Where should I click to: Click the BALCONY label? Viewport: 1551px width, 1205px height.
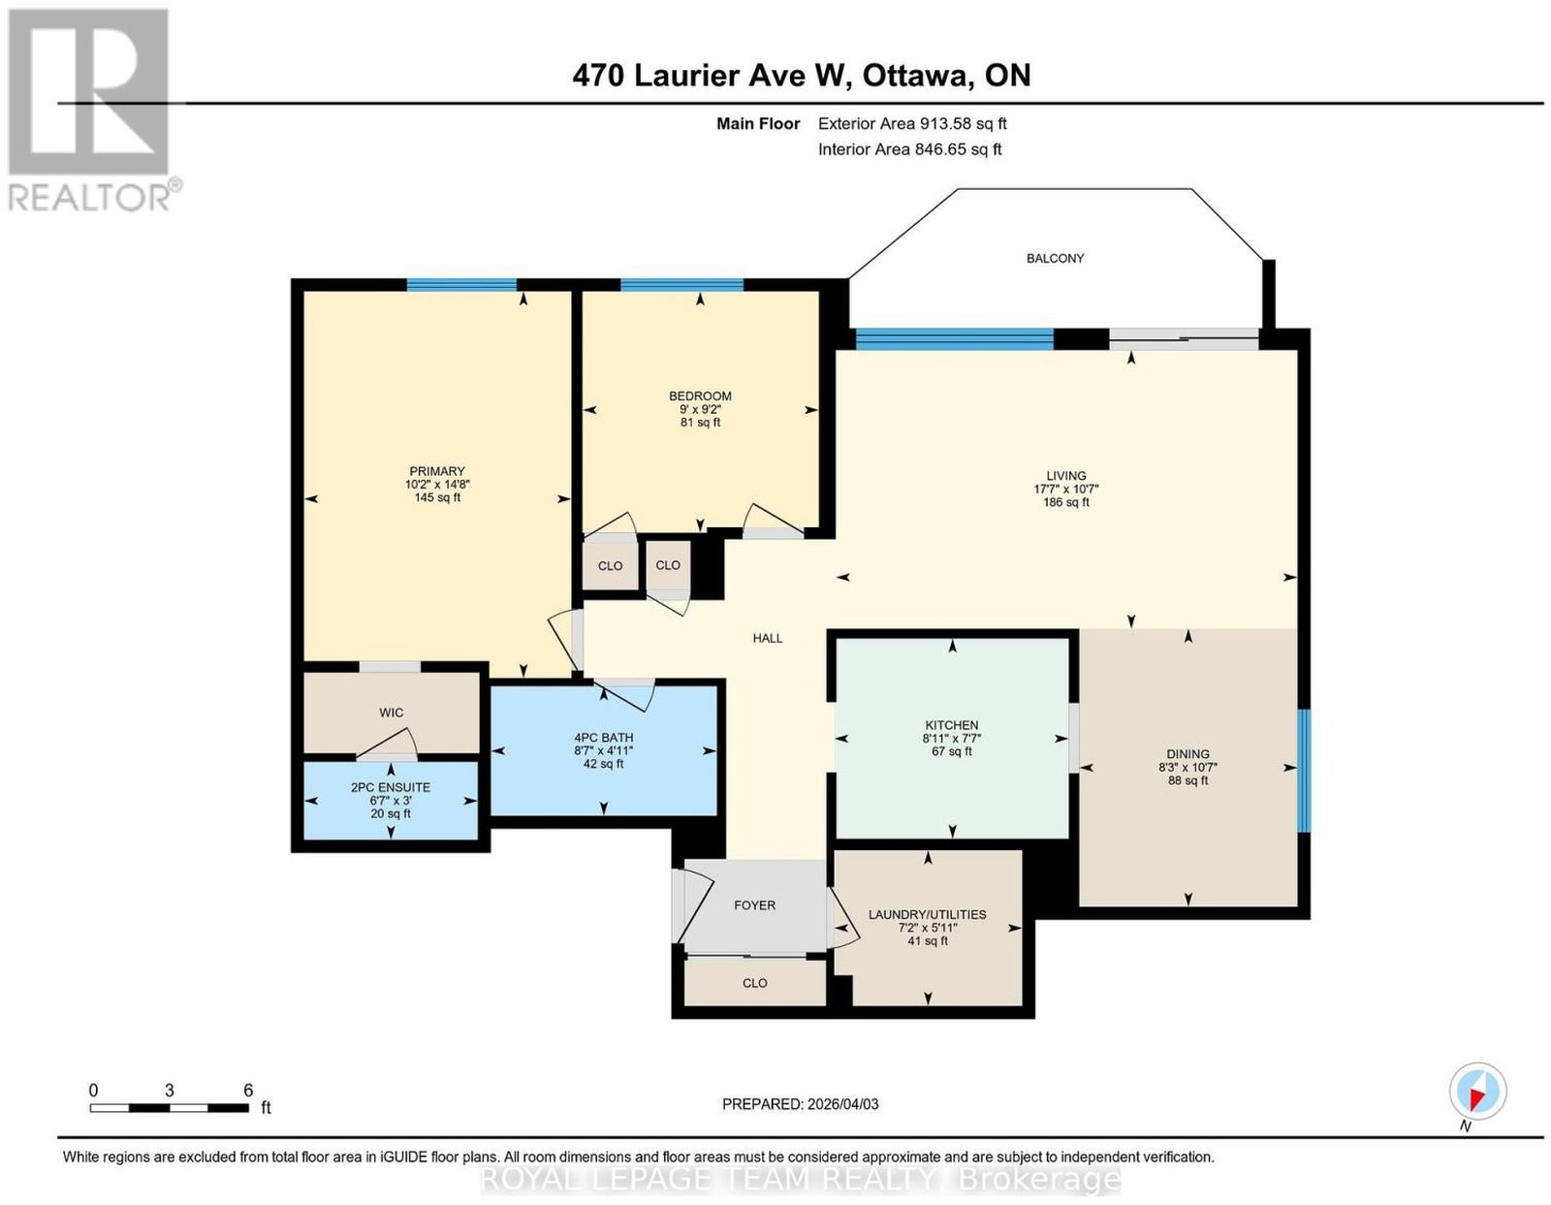tap(1055, 258)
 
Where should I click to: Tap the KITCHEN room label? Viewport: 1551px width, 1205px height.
tap(952, 725)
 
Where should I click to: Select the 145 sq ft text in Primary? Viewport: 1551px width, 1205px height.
tap(437, 497)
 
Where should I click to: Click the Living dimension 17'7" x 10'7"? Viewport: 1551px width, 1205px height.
tap(1065, 489)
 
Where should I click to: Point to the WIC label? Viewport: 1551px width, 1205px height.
tap(391, 712)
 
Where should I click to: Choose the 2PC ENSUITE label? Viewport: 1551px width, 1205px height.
tap(391, 787)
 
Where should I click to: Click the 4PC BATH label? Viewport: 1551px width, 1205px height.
tap(603, 737)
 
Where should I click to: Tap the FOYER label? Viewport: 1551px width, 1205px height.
tap(754, 905)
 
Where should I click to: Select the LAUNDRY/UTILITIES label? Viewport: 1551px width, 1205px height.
tap(927, 914)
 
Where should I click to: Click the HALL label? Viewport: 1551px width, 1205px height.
tap(768, 639)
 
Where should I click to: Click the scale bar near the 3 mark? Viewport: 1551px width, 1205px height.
tap(170, 1108)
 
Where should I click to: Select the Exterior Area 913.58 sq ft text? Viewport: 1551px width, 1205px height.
tap(912, 123)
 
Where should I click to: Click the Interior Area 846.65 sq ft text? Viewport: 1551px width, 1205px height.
tap(910, 149)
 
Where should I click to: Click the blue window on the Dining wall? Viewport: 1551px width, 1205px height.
tap(1304, 771)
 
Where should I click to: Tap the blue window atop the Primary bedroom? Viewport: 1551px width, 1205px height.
tap(461, 285)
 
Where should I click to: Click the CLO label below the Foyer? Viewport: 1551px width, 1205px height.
tap(754, 983)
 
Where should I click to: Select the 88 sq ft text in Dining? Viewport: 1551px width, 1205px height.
tap(1187, 780)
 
